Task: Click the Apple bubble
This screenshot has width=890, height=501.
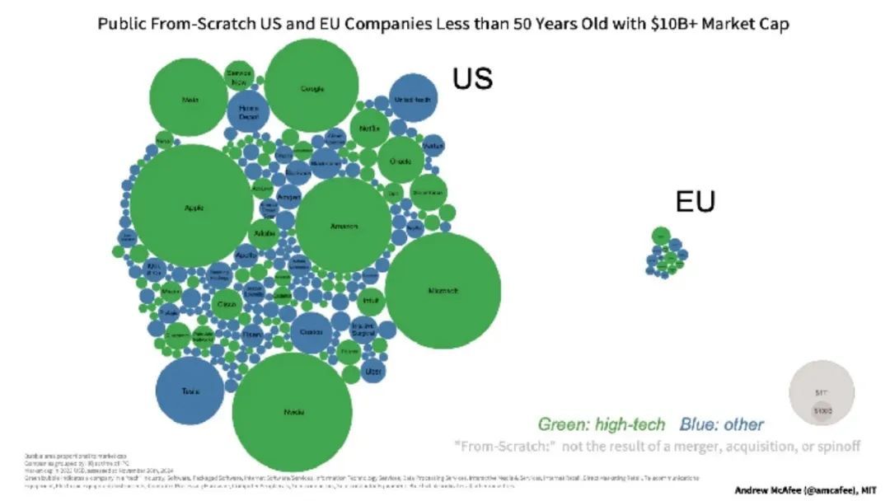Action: [191, 208]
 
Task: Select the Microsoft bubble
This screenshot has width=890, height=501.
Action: [443, 290]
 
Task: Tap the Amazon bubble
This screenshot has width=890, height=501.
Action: [343, 226]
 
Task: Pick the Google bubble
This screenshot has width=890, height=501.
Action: [311, 87]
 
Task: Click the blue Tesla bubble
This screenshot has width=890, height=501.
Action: [190, 391]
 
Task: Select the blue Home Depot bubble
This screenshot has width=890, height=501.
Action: [248, 113]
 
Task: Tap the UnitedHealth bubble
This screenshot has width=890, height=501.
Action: [413, 99]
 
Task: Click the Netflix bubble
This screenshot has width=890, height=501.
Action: [369, 129]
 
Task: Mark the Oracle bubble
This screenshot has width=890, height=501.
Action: [400, 161]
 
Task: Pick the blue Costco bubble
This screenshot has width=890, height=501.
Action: [311, 331]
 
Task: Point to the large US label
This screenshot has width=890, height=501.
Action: [472, 78]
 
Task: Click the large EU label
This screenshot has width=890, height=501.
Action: [695, 201]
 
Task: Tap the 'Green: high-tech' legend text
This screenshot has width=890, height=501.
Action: [602, 424]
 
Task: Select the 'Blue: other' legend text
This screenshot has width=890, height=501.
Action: [722, 424]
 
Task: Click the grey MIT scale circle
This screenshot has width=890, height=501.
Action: [822, 395]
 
